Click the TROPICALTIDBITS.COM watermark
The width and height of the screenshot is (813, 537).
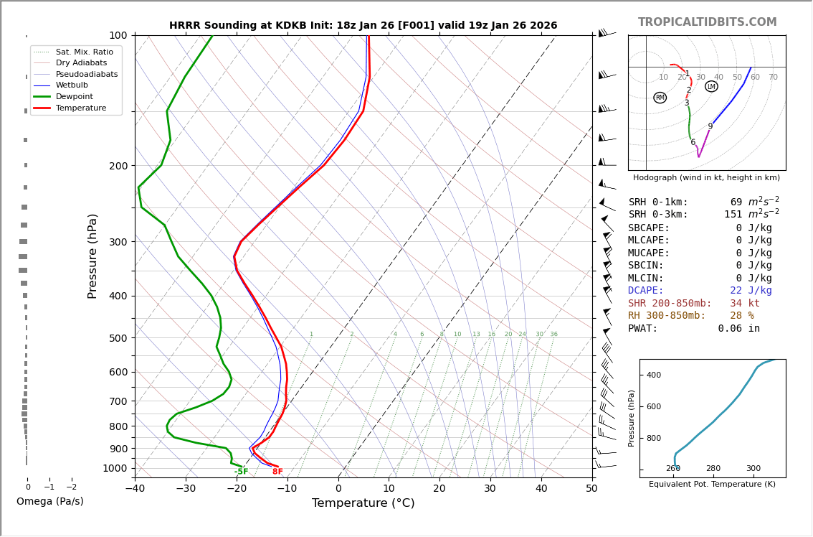(x=707, y=22)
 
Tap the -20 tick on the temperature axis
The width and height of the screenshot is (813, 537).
(x=237, y=489)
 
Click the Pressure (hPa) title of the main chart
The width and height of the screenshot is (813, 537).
(x=93, y=256)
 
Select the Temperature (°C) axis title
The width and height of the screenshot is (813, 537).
(x=363, y=503)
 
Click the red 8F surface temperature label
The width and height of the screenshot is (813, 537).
(x=277, y=472)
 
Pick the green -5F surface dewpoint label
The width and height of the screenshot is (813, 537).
(x=241, y=472)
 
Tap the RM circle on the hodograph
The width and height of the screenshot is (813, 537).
(x=660, y=98)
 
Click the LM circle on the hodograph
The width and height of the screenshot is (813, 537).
(x=711, y=87)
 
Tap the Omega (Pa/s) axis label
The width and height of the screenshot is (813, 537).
(x=50, y=502)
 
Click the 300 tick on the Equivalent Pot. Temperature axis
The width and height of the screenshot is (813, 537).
(x=753, y=469)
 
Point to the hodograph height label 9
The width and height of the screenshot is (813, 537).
(x=710, y=126)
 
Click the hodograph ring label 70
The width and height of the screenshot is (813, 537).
(x=773, y=78)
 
